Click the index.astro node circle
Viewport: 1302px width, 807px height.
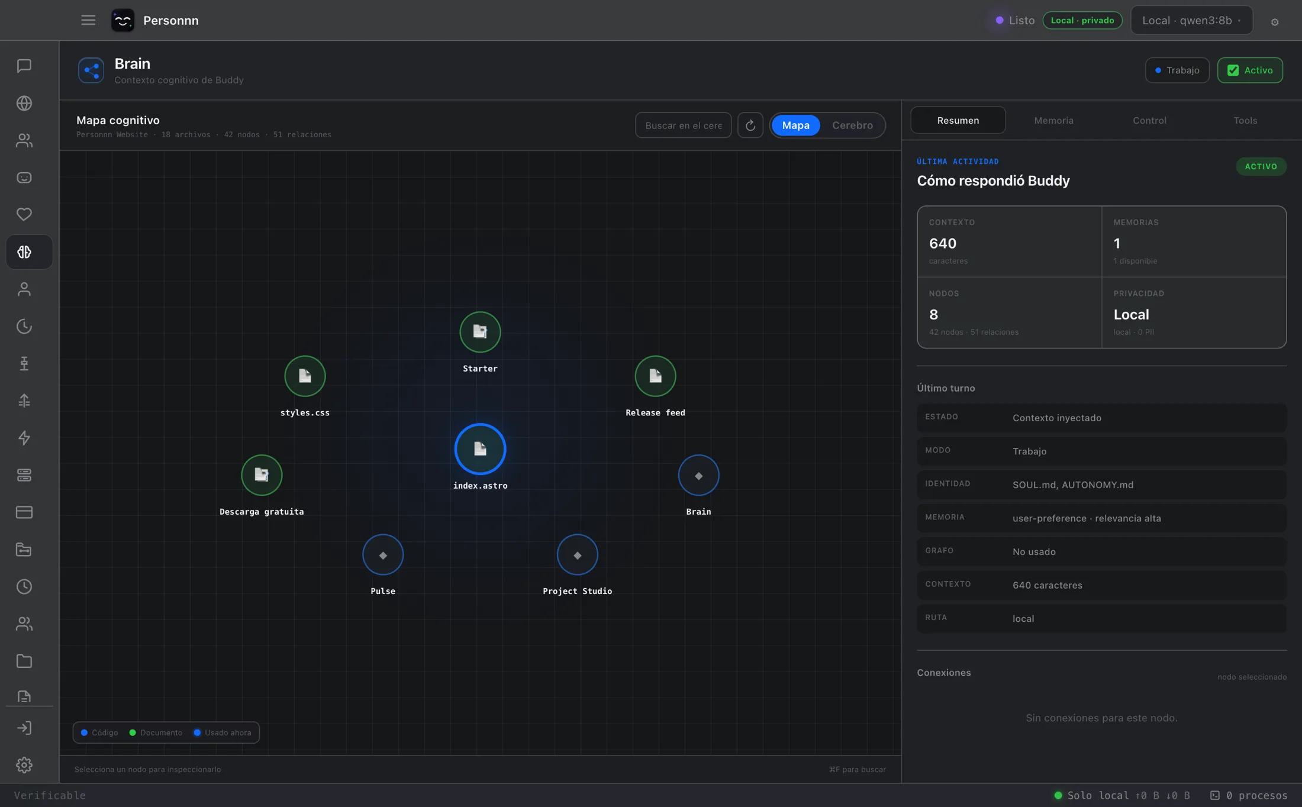480,449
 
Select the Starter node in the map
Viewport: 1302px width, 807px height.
480,332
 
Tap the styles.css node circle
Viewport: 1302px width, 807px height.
305,376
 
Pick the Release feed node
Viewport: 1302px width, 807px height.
655,376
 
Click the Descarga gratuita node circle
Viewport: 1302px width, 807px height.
262,475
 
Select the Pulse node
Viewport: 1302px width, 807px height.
383,555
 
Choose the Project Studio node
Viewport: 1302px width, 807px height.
577,555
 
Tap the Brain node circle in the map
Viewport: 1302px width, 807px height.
698,475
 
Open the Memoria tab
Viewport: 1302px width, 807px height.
1053,120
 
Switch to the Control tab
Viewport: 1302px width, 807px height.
1149,120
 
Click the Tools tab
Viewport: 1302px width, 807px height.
1245,120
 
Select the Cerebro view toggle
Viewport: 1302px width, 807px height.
852,125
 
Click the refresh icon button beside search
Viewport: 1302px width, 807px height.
750,125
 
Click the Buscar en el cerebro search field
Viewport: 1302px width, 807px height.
683,125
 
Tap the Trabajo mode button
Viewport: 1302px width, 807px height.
1177,70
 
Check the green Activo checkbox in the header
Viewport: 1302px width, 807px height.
1233,70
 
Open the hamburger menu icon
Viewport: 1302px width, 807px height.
88,20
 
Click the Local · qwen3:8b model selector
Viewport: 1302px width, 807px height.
1191,20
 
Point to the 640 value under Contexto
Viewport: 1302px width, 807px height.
943,243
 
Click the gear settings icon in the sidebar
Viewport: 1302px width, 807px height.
24,765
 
